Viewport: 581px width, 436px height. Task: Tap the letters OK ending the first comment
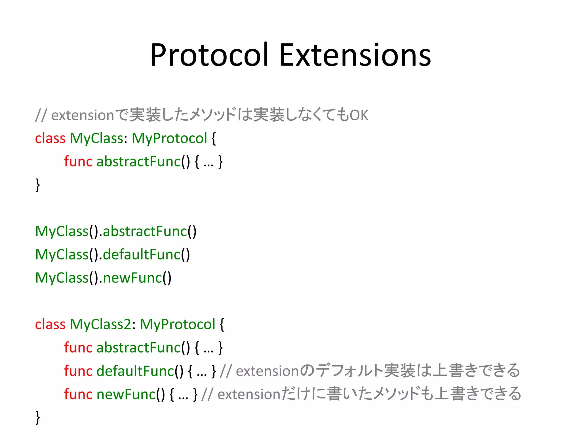click(359, 115)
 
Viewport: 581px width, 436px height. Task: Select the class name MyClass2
click(101, 324)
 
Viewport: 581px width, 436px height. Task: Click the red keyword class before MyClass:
click(50, 139)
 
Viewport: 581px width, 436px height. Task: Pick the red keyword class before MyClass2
click(50, 324)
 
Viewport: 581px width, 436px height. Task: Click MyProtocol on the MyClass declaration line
click(169, 139)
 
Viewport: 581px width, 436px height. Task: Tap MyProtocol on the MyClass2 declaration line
click(178, 324)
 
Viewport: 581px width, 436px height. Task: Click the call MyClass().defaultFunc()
click(112, 255)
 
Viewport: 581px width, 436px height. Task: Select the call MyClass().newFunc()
click(103, 278)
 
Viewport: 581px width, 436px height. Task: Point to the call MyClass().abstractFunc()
click(116, 231)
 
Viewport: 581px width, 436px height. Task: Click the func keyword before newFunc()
click(78, 394)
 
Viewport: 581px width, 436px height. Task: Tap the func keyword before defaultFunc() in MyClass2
click(78, 371)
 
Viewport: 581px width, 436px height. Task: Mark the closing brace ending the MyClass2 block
click(38, 417)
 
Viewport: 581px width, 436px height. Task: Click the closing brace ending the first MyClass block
click(38, 185)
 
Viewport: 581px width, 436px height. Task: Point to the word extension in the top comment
click(83, 115)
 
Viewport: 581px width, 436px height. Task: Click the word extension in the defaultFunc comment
click(268, 371)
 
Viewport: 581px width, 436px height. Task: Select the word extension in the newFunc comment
click(249, 394)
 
